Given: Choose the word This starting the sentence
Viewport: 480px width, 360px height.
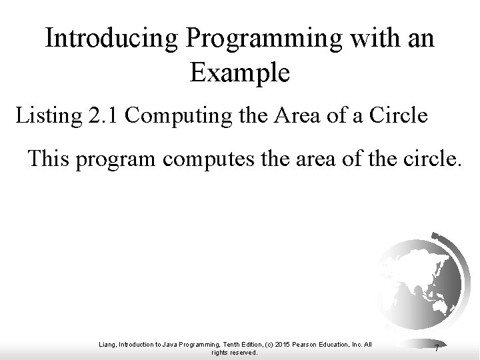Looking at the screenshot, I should click(50, 159).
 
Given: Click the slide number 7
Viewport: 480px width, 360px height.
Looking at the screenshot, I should click(435, 348).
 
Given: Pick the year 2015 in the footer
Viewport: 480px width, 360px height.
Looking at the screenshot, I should click(295, 344).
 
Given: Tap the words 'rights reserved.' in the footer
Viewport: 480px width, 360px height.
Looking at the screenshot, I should click(234, 353).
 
